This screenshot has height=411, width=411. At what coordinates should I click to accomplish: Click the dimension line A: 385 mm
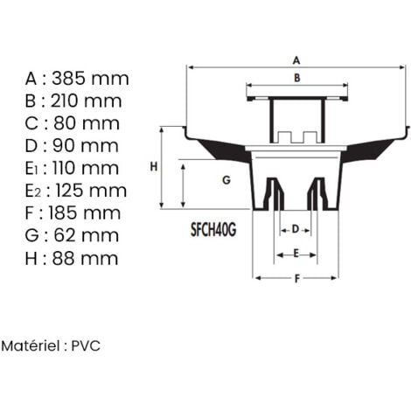coord(76,78)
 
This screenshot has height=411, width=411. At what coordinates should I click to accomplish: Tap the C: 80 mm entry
coord(73,123)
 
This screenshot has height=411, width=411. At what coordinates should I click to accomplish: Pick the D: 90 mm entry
coord(73,145)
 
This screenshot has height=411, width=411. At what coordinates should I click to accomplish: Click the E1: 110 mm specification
coord(74,168)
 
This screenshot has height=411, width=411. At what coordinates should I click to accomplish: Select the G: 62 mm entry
coord(73,235)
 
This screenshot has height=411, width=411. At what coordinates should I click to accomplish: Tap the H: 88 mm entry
coord(73,258)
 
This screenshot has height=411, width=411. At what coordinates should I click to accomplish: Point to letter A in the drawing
coord(296,60)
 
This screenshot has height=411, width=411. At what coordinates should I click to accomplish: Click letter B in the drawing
coord(296,78)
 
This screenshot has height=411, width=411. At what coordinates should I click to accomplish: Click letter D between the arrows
coord(295,228)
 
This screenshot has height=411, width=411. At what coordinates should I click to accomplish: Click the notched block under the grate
coord(296,136)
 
